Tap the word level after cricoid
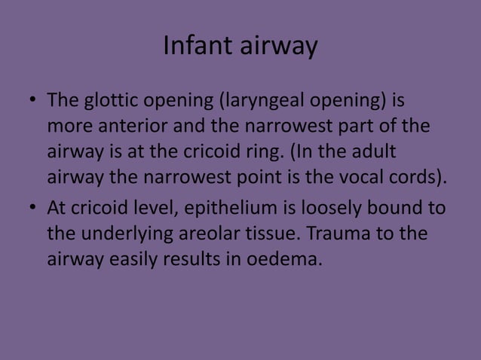click(158, 208)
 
